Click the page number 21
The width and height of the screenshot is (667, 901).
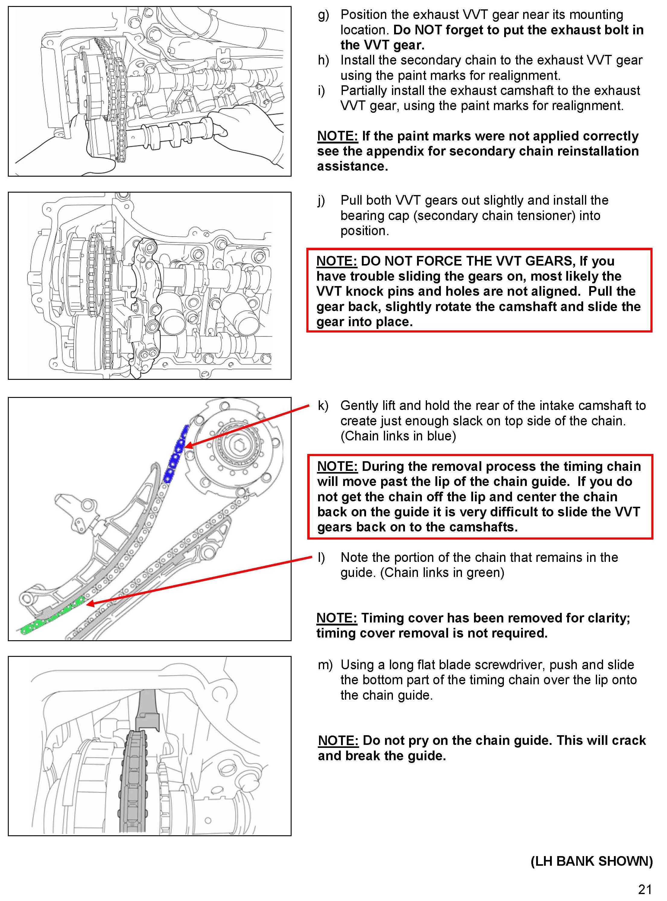click(645, 889)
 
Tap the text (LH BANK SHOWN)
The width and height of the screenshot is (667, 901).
click(591, 861)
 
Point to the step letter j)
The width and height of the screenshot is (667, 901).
click(322, 201)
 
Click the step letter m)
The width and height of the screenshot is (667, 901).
click(325, 665)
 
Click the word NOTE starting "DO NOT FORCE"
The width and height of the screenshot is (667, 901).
click(336, 261)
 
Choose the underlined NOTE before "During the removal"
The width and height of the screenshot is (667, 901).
click(337, 466)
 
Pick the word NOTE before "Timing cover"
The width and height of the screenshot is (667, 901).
click(336, 618)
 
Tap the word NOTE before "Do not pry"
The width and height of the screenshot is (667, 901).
click(338, 741)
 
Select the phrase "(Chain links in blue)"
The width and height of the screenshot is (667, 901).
click(398, 436)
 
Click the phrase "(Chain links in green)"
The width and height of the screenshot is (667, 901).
click(442, 573)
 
